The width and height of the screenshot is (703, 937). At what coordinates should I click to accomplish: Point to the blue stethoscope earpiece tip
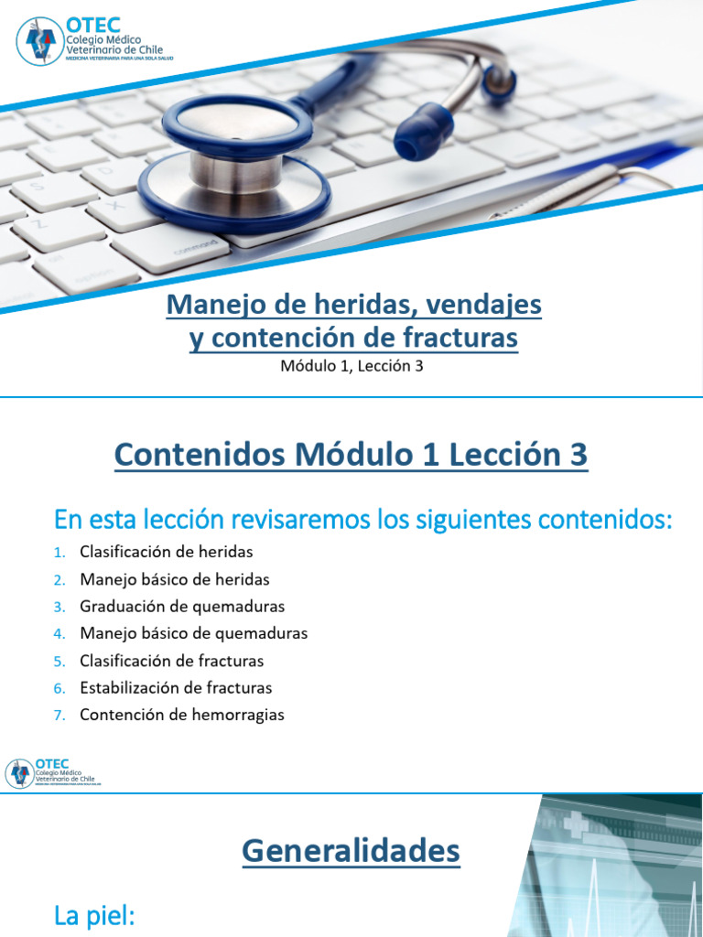424,130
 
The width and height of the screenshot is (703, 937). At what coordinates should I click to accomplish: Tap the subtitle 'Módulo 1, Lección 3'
351,367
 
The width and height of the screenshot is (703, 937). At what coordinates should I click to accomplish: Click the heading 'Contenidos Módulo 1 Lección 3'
351,456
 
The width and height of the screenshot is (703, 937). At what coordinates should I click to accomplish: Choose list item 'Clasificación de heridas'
166,552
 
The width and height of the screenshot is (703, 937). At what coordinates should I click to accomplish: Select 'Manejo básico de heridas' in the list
174,579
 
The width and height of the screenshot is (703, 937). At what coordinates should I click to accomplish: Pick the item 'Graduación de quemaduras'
182,607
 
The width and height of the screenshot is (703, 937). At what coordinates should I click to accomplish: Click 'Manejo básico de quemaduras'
193,633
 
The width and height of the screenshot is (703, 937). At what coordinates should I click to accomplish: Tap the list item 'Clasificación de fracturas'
171,661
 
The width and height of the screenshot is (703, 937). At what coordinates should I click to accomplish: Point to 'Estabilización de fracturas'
176,687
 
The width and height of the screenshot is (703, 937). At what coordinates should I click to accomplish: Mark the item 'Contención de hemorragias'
181,715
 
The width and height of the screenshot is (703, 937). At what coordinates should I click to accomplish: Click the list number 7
59,716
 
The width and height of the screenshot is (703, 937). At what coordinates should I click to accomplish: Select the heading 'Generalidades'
351,852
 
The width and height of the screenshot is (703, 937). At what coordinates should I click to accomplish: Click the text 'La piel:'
94,917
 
